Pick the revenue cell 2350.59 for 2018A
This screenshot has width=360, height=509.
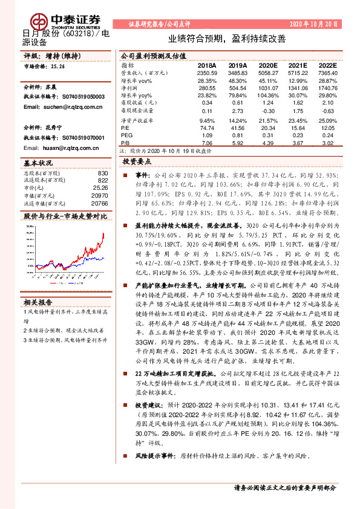point(206,73)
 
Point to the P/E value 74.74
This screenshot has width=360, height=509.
point(208,128)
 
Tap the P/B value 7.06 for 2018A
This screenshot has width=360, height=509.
point(208,144)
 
